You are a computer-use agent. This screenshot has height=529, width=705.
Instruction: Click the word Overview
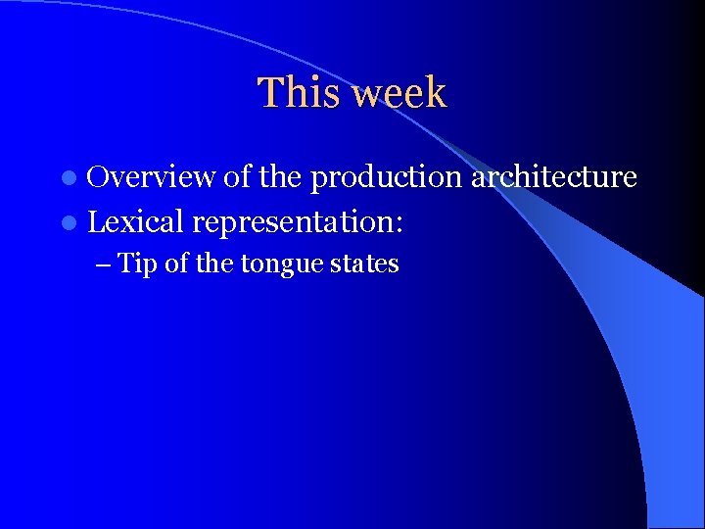click(x=151, y=177)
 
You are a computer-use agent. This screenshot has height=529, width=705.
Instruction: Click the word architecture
click(x=554, y=177)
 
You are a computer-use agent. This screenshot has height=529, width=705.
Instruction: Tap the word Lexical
click(x=135, y=222)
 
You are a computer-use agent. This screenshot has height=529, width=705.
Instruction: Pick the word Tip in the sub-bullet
click(x=138, y=264)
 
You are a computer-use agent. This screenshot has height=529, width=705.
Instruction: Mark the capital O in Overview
click(x=99, y=177)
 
